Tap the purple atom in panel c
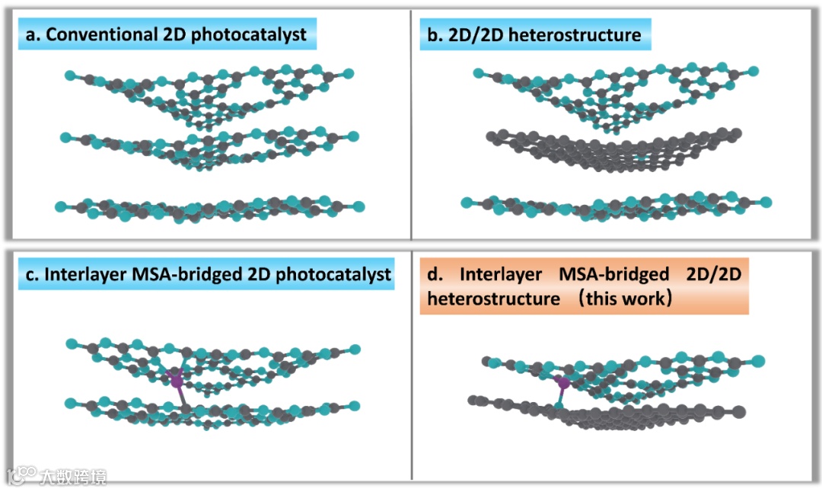coord(177,379)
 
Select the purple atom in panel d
coord(563,383)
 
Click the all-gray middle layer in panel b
coord(613,149)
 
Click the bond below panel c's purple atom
coord(181,395)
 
